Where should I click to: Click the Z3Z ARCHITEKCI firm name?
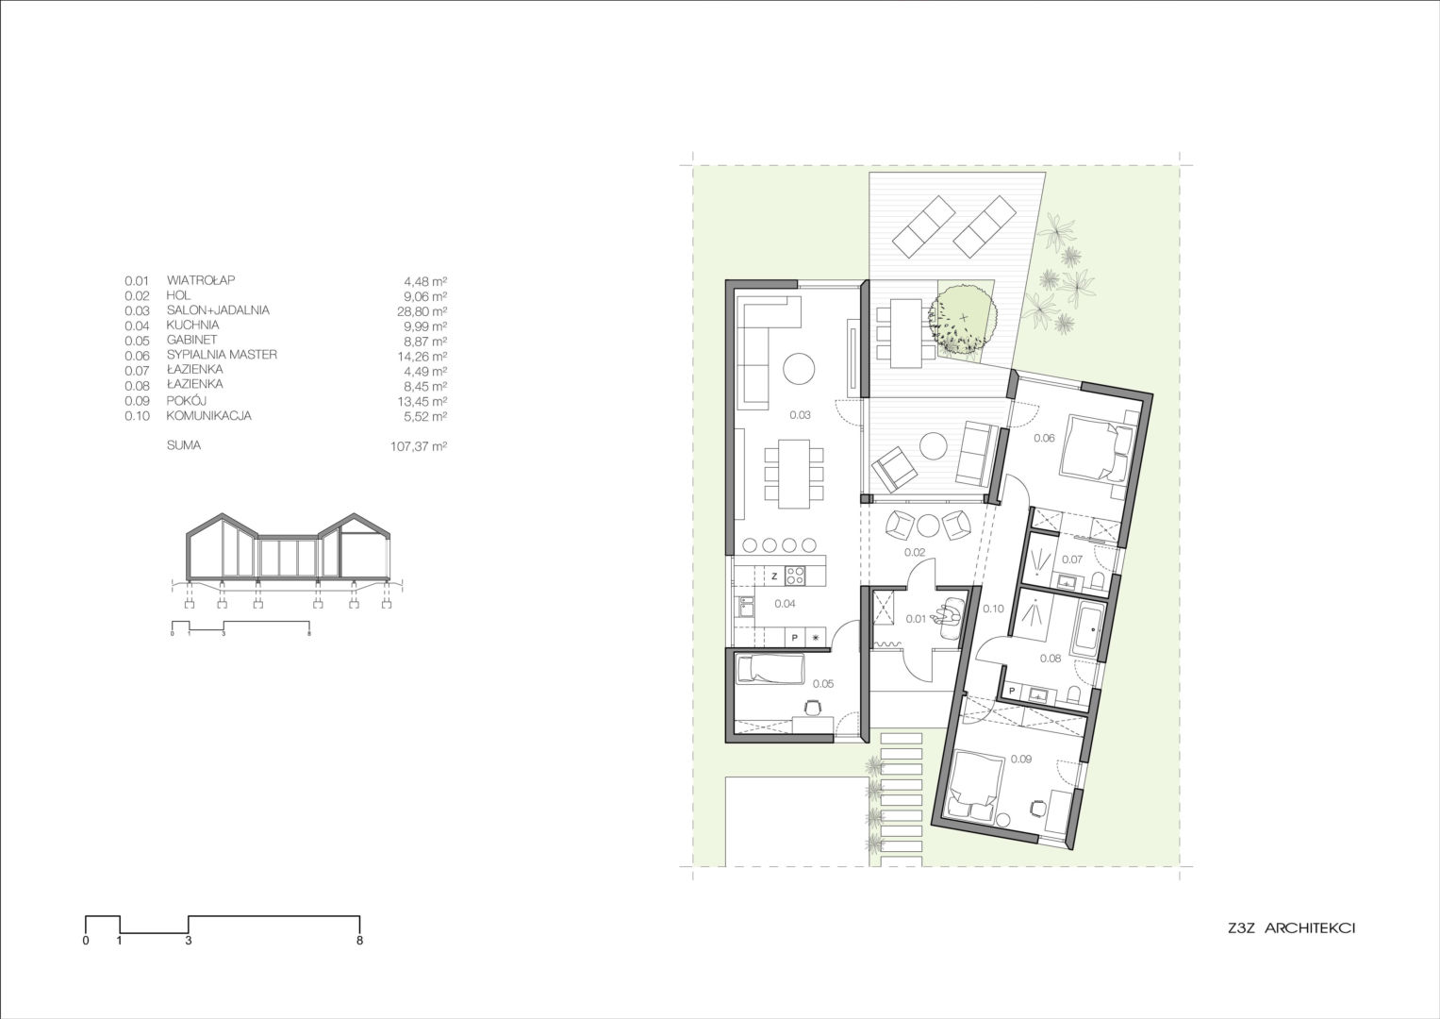(1285, 929)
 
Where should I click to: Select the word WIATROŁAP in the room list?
(200, 280)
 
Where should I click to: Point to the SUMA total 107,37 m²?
(418, 446)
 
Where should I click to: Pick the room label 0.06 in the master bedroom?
(1044, 438)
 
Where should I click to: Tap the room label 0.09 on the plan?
(1020, 759)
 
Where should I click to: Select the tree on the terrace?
(963, 321)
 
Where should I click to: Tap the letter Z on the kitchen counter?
(773, 575)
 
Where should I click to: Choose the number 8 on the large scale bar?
(360, 941)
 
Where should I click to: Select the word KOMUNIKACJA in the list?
(209, 416)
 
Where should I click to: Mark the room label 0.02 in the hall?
(912, 552)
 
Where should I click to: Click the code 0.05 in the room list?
(137, 341)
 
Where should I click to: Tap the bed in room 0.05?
(769, 670)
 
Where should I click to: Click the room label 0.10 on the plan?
(993, 609)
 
